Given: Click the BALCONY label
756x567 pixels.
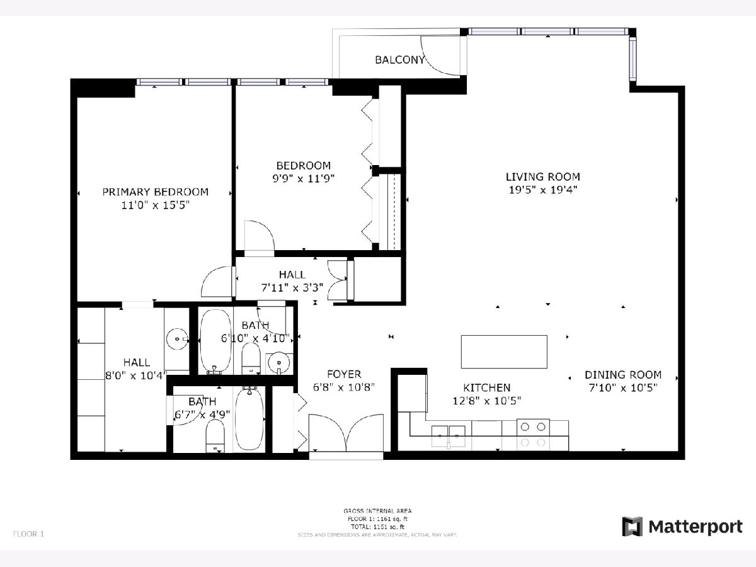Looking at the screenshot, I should point(400,60).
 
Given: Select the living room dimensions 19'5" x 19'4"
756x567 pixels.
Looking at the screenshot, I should point(542,189).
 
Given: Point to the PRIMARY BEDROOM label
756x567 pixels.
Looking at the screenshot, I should point(155,192).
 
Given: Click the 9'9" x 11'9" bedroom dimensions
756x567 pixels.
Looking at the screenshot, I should point(303,178).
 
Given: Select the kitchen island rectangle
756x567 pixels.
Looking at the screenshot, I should point(504,352).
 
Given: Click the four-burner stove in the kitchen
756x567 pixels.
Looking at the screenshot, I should point(533,434).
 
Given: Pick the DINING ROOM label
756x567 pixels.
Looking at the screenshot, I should point(623,374).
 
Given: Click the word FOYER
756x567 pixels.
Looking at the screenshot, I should point(344,374).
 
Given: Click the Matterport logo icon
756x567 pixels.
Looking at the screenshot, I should point(632,527).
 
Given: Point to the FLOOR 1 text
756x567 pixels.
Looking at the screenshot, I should point(28,534).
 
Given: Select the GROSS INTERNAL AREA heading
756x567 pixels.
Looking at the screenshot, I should point(377,511).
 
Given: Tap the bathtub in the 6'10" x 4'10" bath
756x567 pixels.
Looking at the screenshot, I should point(215,341).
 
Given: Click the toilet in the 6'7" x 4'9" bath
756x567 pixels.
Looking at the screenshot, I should point(215,437).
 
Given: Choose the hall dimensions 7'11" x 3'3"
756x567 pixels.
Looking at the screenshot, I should point(292,288).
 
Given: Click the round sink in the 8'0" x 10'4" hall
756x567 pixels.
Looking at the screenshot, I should point(176,340).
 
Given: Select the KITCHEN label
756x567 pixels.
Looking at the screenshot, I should point(487,387).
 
